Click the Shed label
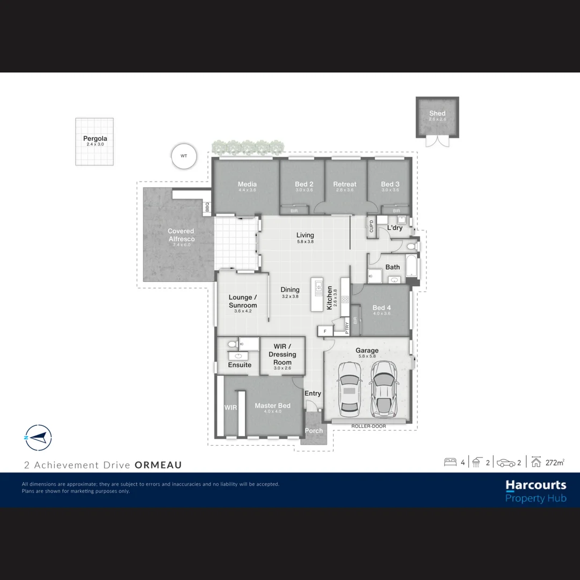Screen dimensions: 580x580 pos(437,113)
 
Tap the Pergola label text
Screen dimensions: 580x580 pos(95,139)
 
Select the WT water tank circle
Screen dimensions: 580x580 pos(184,156)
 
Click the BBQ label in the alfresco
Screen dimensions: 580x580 pos(207,207)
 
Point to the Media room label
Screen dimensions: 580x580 pos(247,184)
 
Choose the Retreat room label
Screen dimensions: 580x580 pos(345,184)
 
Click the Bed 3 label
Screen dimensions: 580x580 pos(390,184)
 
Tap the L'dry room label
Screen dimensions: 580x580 pos(395,228)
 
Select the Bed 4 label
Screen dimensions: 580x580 pos(382,308)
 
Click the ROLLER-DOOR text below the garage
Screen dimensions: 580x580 pos(368,426)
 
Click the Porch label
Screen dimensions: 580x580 pos(314,431)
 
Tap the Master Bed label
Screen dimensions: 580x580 pos(272,406)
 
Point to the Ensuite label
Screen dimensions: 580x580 pos(240,365)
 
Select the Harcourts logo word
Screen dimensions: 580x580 pos(535,485)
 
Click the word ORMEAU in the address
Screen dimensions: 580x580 pos(158,465)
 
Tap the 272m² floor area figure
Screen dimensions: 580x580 pos(555,462)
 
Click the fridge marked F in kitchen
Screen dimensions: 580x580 pos(325,331)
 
